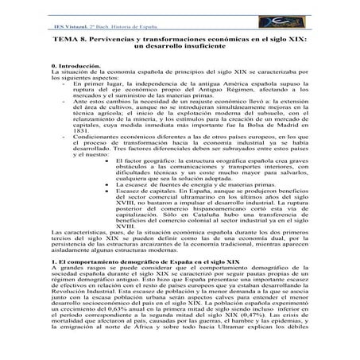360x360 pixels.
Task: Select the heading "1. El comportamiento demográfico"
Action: pos(132,285)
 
